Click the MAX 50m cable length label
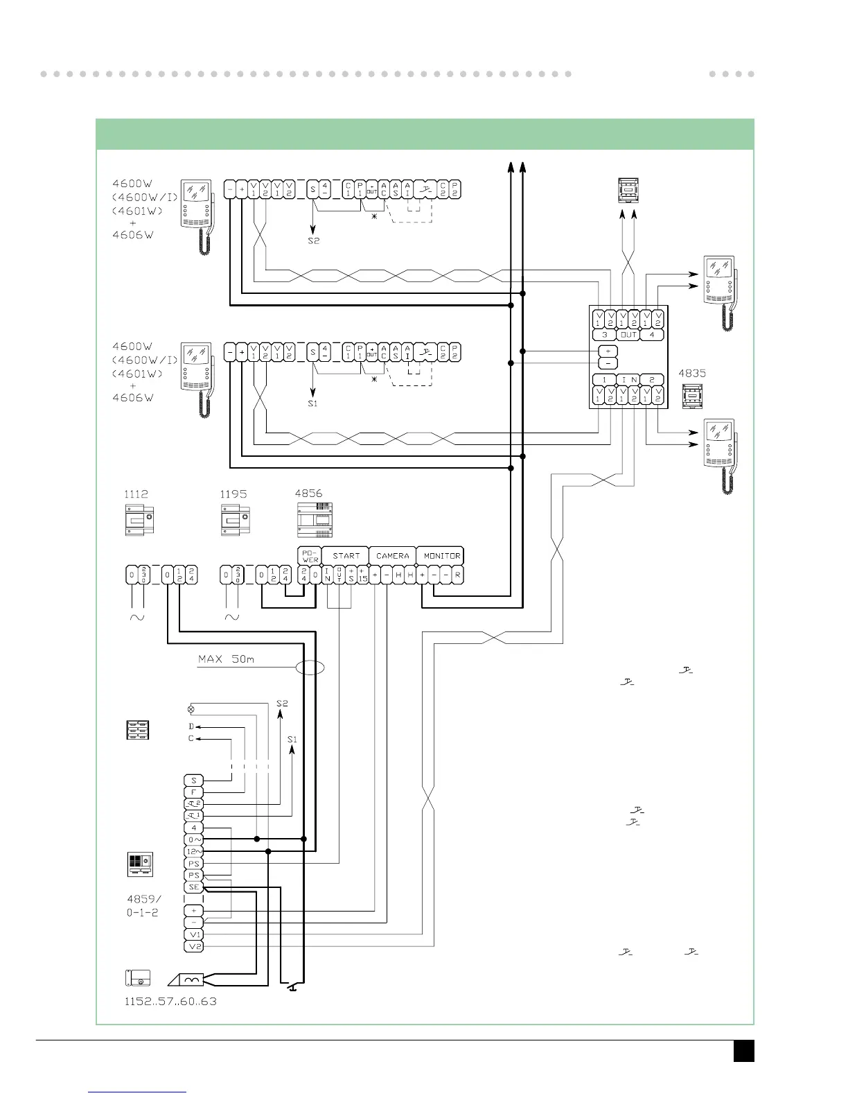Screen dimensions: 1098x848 (226, 659)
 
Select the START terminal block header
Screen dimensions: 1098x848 (346, 556)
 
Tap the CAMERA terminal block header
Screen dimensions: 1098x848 (392, 556)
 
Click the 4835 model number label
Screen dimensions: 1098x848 (692, 373)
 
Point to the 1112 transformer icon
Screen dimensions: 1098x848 (139, 521)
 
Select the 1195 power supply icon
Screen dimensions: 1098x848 (235, 521)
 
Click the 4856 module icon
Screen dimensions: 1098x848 (314, 521)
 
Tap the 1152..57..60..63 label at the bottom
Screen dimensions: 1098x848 (170, 1002)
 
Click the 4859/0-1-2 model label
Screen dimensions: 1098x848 (143, 906)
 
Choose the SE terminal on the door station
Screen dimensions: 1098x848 (194, 887)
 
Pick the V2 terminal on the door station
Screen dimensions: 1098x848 (194, 946)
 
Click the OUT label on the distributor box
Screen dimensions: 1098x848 (628, 335)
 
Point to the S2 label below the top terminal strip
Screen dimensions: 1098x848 (314, 241)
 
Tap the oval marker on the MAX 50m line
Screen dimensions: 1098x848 (310, 668)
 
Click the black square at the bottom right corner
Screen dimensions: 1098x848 (744, 1050)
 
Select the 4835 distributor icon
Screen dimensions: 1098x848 (691, 396)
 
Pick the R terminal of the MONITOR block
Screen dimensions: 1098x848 (457, 575)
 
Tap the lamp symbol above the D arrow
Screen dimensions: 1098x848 (191, 709)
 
